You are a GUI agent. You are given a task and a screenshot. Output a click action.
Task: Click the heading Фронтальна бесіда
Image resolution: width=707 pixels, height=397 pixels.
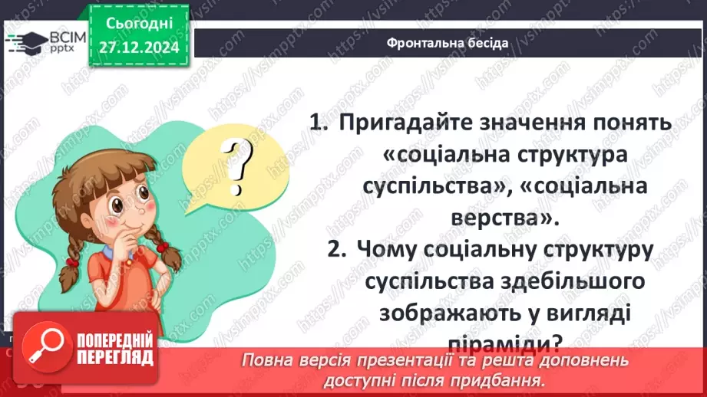(448, 42)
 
